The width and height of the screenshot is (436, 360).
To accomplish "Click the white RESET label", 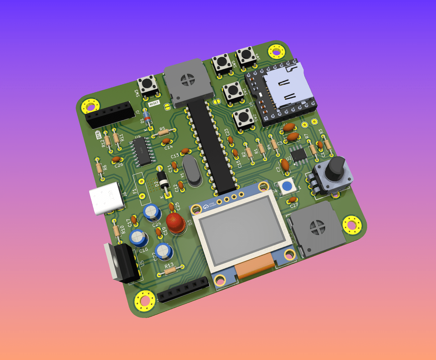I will [154, 104].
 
